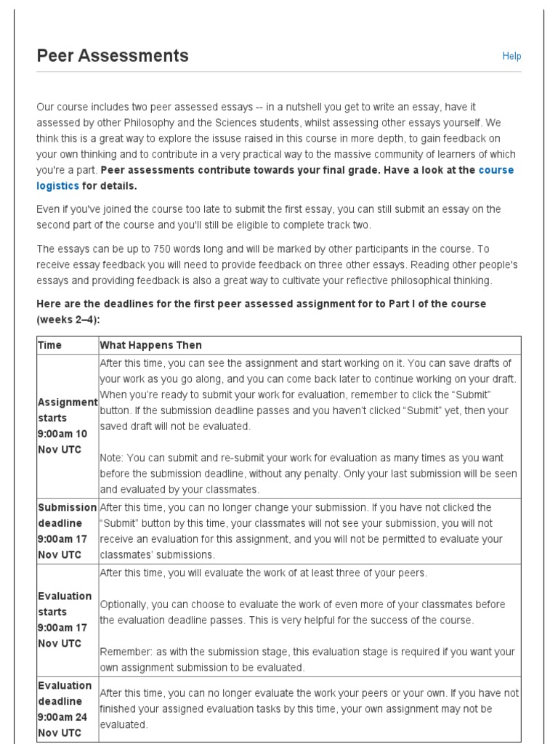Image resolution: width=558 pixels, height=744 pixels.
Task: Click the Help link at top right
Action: tap(511, 56)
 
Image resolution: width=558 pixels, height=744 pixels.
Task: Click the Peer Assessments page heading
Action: tap(113, 55)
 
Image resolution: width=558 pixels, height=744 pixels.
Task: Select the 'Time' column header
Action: tap(49, 345)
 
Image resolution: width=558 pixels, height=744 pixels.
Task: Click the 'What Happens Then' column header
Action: tap(150, 345)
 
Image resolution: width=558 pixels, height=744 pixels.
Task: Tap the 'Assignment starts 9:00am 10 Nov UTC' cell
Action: tap(67, 426)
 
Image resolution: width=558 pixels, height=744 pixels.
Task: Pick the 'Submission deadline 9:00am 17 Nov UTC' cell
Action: tap(67, 531)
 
